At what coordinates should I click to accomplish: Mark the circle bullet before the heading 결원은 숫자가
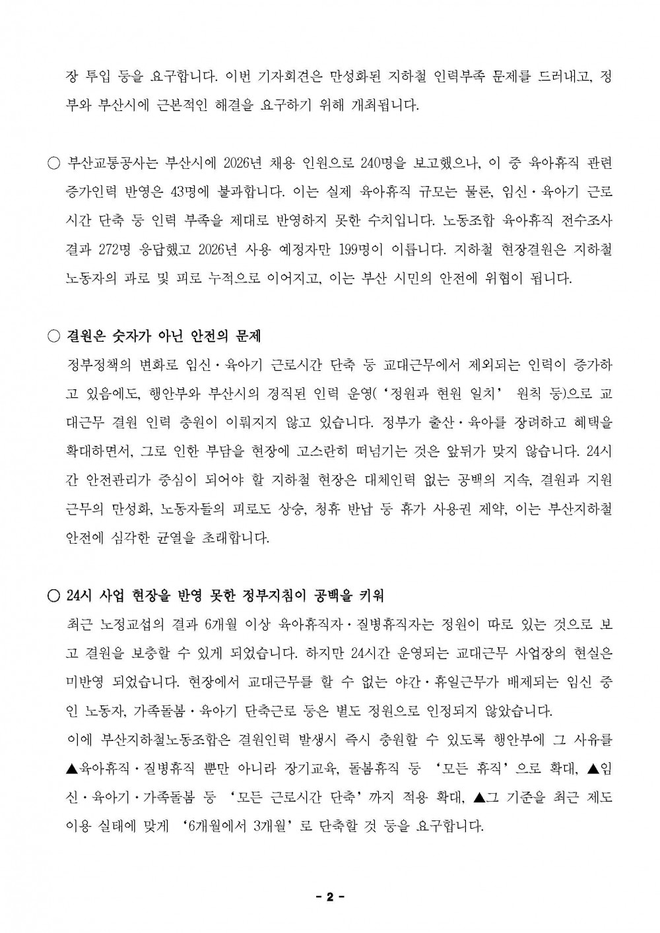pos(54,336)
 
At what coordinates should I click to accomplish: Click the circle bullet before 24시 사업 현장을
pos(54,595)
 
